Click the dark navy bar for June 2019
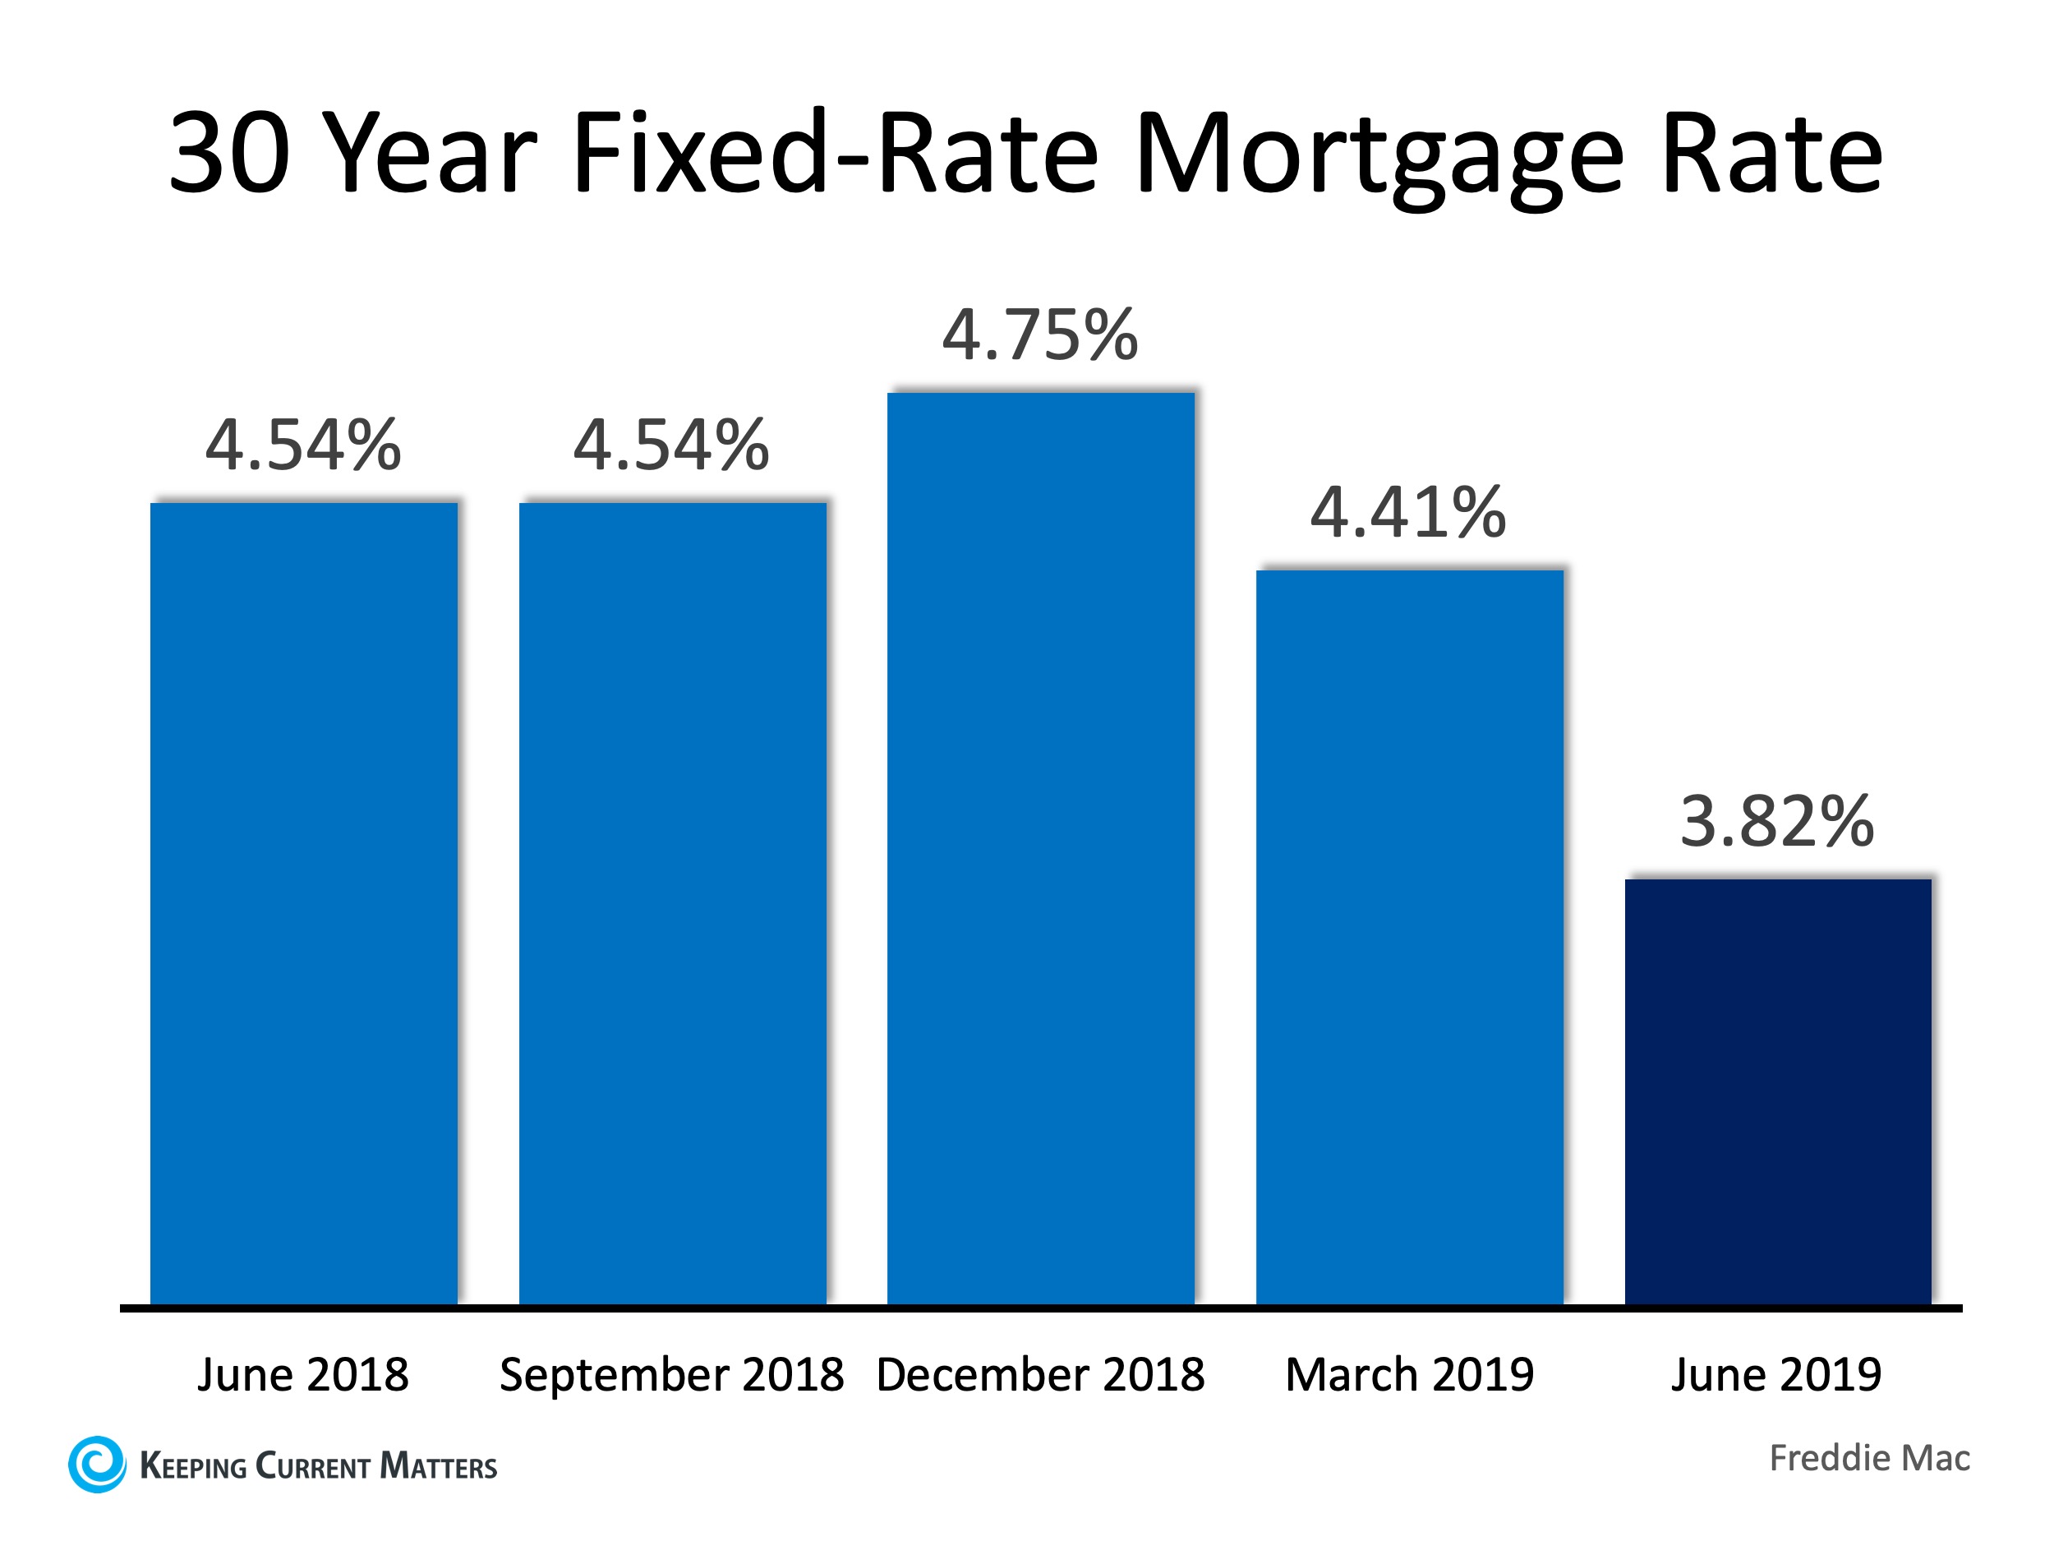click(1777, 1091)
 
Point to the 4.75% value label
click(1040, 335)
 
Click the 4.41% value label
click(1407, 513)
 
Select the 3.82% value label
click(1777, 822)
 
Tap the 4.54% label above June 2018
click(304, 445)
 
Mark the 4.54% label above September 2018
click(671, 445)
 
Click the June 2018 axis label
click(302, 1375)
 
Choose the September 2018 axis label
click(671, 1375)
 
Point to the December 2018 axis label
click(1040, 1375)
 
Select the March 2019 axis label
click(1409, 1375)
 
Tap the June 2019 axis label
click(1775, 1375)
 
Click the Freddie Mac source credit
click(1869, 1458)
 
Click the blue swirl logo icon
click(97, 1465)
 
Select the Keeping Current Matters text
click(319, 1467)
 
